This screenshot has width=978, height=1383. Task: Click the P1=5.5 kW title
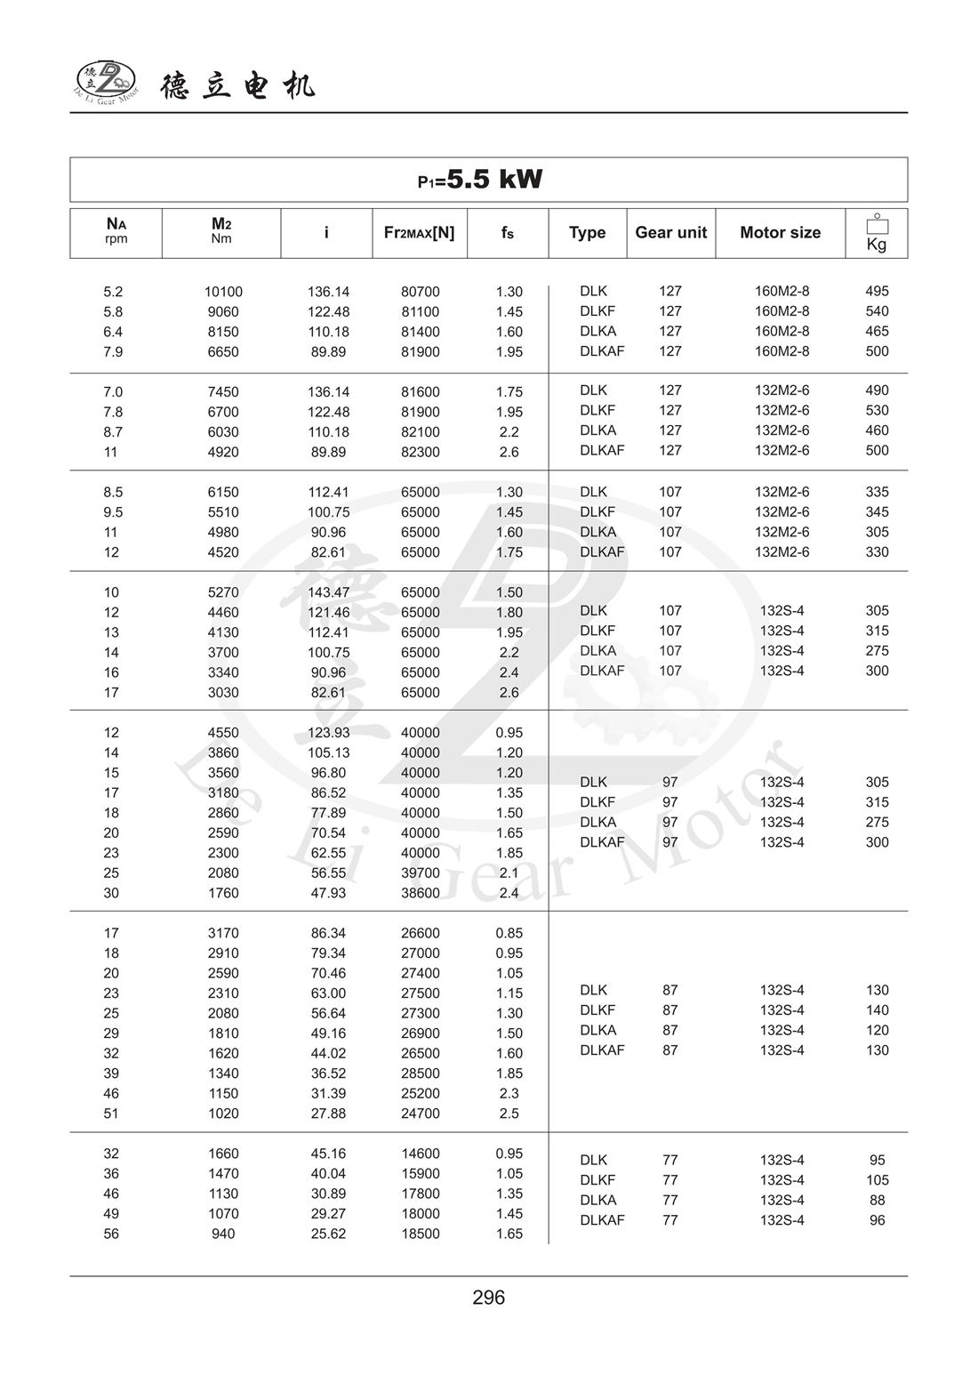[x=480, y=180]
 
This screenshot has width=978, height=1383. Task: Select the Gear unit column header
[x=670, y=233]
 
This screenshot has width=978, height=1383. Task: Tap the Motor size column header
[x=780, y=233]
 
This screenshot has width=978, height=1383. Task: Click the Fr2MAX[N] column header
[x=419, y=233]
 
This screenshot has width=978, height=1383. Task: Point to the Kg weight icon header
[x=877, y=233]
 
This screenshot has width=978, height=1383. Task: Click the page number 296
[x=489, y=1298]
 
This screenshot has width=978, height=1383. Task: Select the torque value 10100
[x=223, y=292]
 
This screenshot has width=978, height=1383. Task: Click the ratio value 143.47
[x=328, y=592]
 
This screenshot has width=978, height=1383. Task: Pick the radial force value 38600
[x=420, y=893]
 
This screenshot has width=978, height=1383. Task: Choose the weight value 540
[x=877, y=311]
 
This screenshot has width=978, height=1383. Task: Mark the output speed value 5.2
[x=113, y=292]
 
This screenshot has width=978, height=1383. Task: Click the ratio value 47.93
[x=328, y=893]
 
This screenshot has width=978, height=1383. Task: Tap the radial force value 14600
[x=420, y=1154]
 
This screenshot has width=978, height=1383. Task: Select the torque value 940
[x=223, y=1234]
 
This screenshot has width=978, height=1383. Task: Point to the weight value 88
[x=877, y=1200]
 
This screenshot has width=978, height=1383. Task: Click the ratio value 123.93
[x=328, y=733]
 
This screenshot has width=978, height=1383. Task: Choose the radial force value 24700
[x=420, y=1114]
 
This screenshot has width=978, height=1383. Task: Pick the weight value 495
[x=877, y=291]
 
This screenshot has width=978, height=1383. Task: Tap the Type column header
[x=587, y=233]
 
